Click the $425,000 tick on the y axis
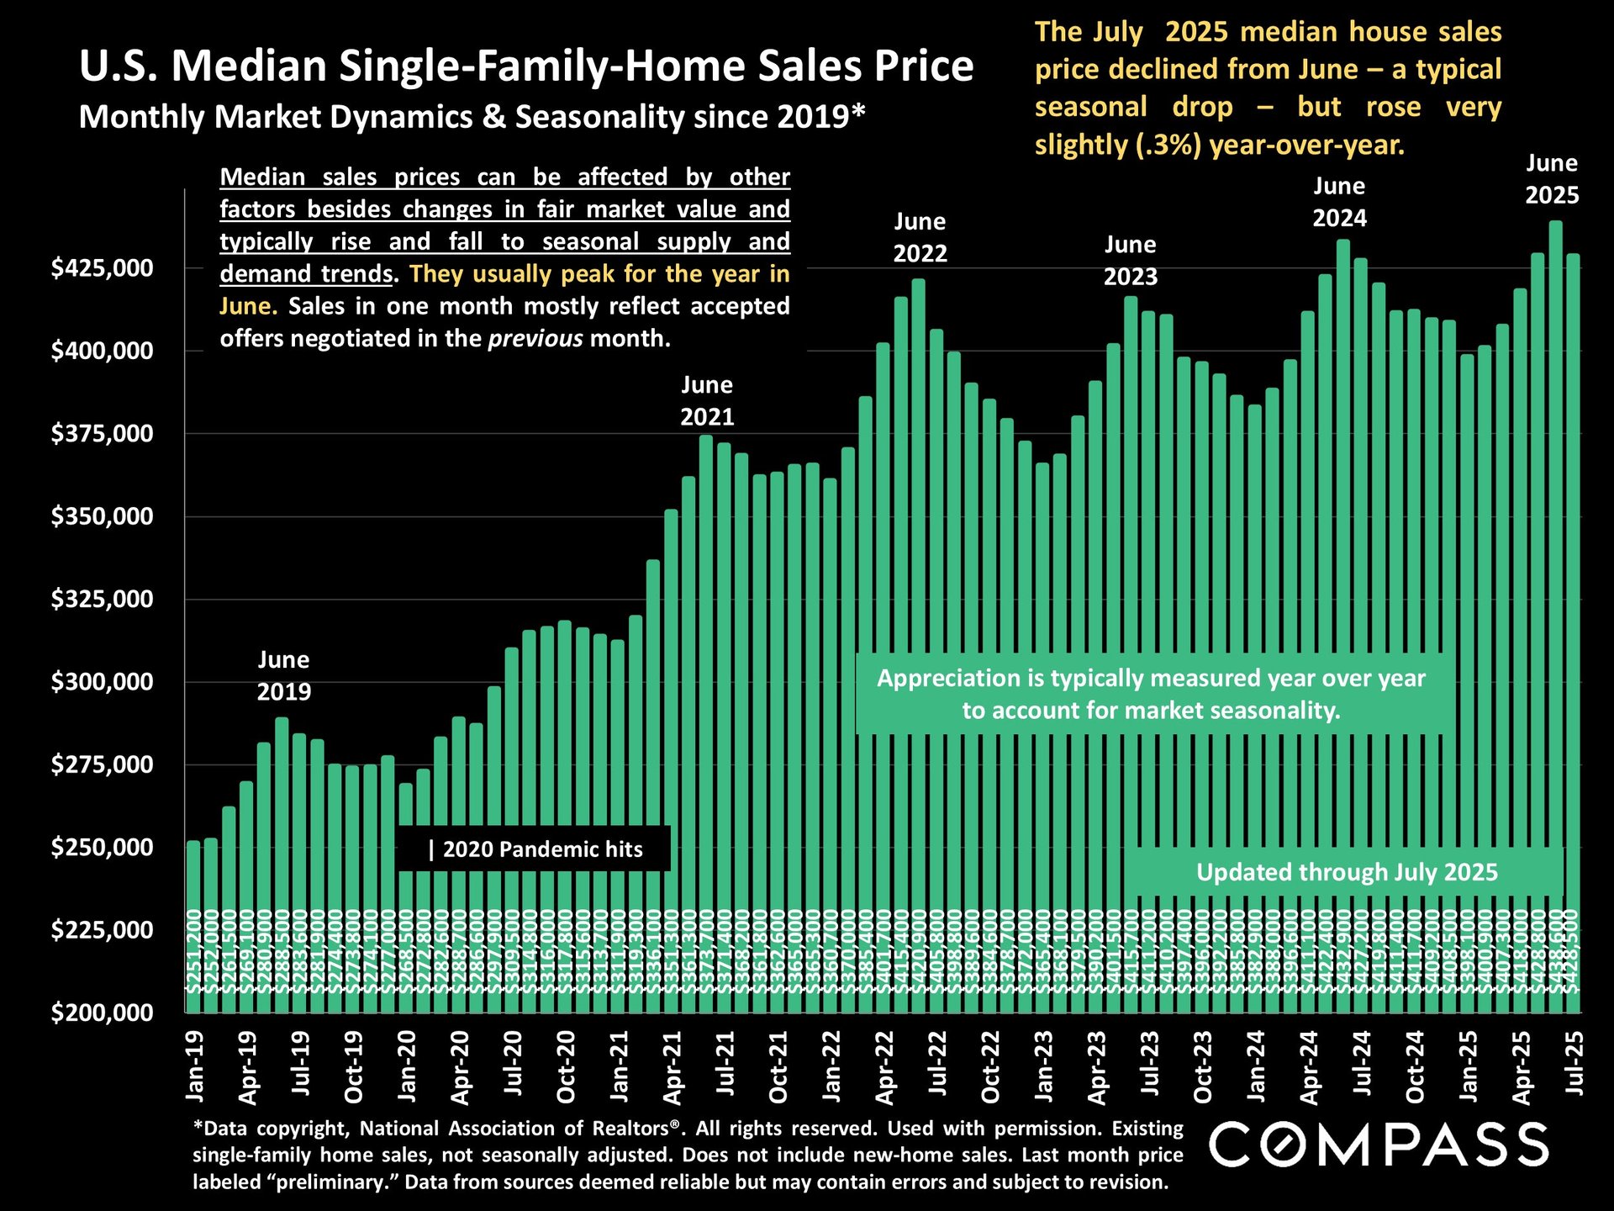[x=103, y=268]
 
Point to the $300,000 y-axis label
[x=103, y=682]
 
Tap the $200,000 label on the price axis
[x=103, y=1013]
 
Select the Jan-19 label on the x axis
[x=195, y=1066]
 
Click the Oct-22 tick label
[x=991, y=1066]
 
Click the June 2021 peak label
[x=707, y=401]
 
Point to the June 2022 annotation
[x=920, y=238]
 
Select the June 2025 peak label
[x=1552, y=179]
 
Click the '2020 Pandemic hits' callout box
[x=534, y=849]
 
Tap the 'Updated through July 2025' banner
[x=1346, y=872]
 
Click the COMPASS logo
[x=1379, y=1145]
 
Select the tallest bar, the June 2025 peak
[x=1555, y=589]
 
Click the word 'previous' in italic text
[x=535, y=339]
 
